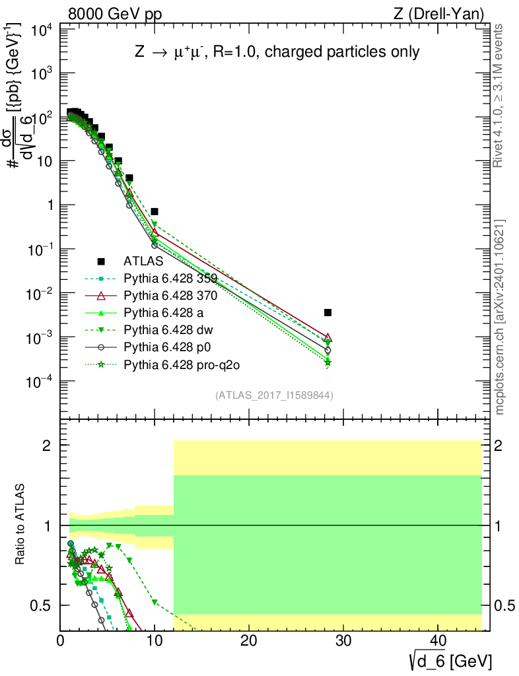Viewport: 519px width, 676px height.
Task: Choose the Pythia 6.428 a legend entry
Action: pyautogui.click(x=162, y=312)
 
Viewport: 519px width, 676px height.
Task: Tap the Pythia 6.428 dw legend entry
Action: pyautogui.click(x=166, y=329)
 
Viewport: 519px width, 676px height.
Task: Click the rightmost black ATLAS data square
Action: pyautogui.click(x=328, y=312)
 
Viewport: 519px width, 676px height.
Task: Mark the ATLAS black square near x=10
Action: pyautogui.click(x=155, y=212)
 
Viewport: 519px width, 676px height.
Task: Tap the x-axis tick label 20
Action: pyautogui.click(x=248, y=642)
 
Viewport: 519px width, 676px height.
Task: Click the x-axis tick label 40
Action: pyautogui.click(x=436, y=642)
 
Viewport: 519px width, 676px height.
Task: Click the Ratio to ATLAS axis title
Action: pyautogui.click(x=21, y=525)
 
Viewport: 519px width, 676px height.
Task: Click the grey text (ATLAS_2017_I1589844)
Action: pyautogui.click(x=273, y=395)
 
